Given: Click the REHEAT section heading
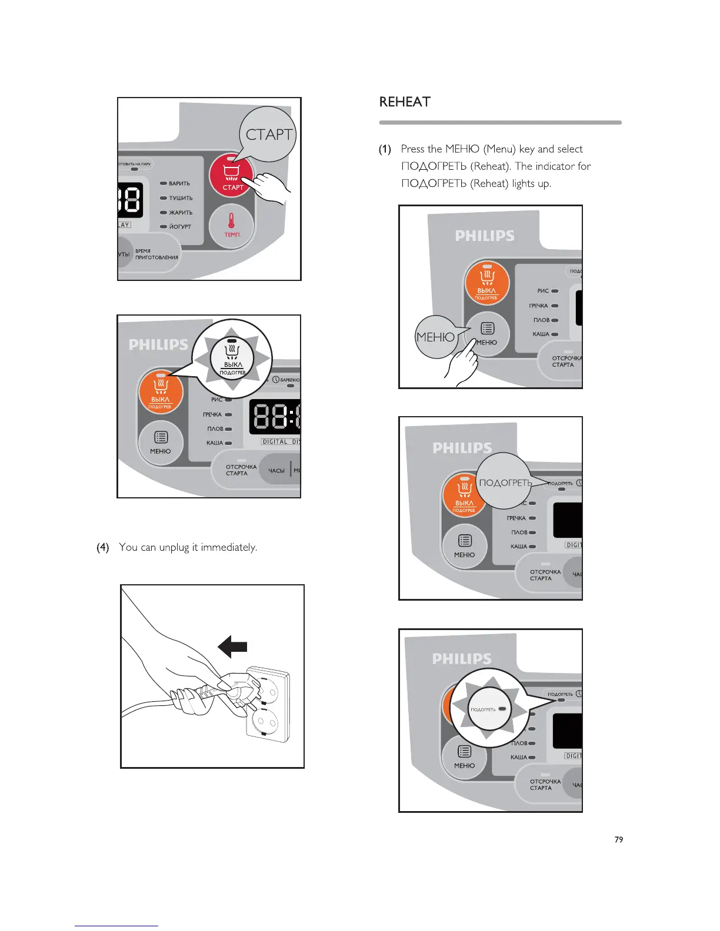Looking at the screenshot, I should coord(405,102).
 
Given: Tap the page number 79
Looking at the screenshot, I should coord(618,839).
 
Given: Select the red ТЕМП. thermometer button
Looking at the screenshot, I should coord(232,226).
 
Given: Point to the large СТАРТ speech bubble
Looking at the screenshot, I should coord(268,135).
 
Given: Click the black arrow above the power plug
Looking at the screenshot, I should coord(233,648).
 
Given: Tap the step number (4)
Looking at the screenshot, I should coord(103,547).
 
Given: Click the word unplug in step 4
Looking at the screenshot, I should coord(175,547).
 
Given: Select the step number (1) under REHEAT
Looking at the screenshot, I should coord(385,149).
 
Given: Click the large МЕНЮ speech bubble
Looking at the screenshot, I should coord(435,337).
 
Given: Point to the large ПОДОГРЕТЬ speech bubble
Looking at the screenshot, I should coord(505,483).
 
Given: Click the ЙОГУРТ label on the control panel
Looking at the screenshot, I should coord(180,227).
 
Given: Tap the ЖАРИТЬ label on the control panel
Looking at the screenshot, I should coord(181,213).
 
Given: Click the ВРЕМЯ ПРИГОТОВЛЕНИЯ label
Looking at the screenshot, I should coord(156,254).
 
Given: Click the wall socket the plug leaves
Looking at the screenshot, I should coord(268,705).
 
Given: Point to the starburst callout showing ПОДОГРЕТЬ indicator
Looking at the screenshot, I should coord(489,709).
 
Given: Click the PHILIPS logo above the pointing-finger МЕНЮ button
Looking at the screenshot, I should coord(485,236).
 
